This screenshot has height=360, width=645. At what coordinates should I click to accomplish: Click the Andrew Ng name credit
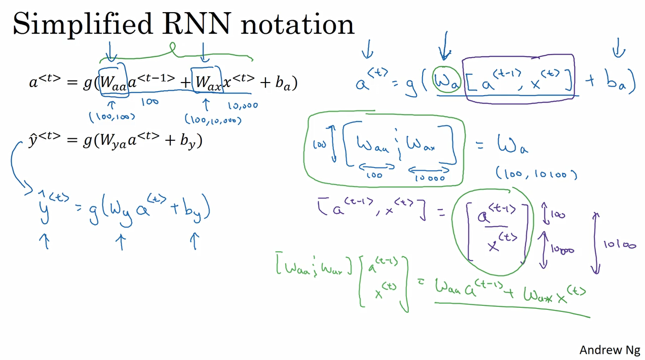(610, 350)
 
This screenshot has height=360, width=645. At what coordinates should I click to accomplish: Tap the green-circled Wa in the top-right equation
(446, 81)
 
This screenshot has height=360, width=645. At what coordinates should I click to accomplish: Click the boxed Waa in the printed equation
(113, 82)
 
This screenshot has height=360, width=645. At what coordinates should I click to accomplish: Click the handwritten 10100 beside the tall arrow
(619, 245)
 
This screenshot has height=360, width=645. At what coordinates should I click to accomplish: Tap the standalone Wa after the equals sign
(513, 146)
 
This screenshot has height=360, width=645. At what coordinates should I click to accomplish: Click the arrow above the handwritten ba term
(619, 49)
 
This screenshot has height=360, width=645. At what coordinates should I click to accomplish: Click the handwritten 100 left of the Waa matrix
(320, 145)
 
